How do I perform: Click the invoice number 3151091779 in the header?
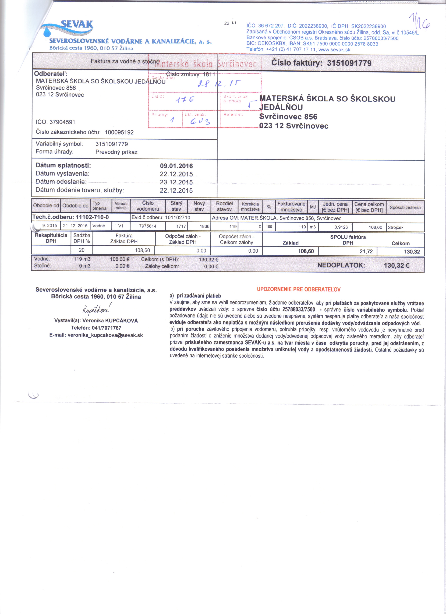tap(349, 63)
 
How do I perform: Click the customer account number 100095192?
tap(119, 132)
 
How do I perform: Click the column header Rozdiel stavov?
tap(224, 206)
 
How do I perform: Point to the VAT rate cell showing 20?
tap(82, 250)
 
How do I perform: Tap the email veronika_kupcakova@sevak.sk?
tap(96, 335)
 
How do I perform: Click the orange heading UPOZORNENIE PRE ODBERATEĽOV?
tap(299, 289)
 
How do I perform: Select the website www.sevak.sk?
tap(334, 50)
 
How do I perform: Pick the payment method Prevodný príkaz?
tap(116, 152)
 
